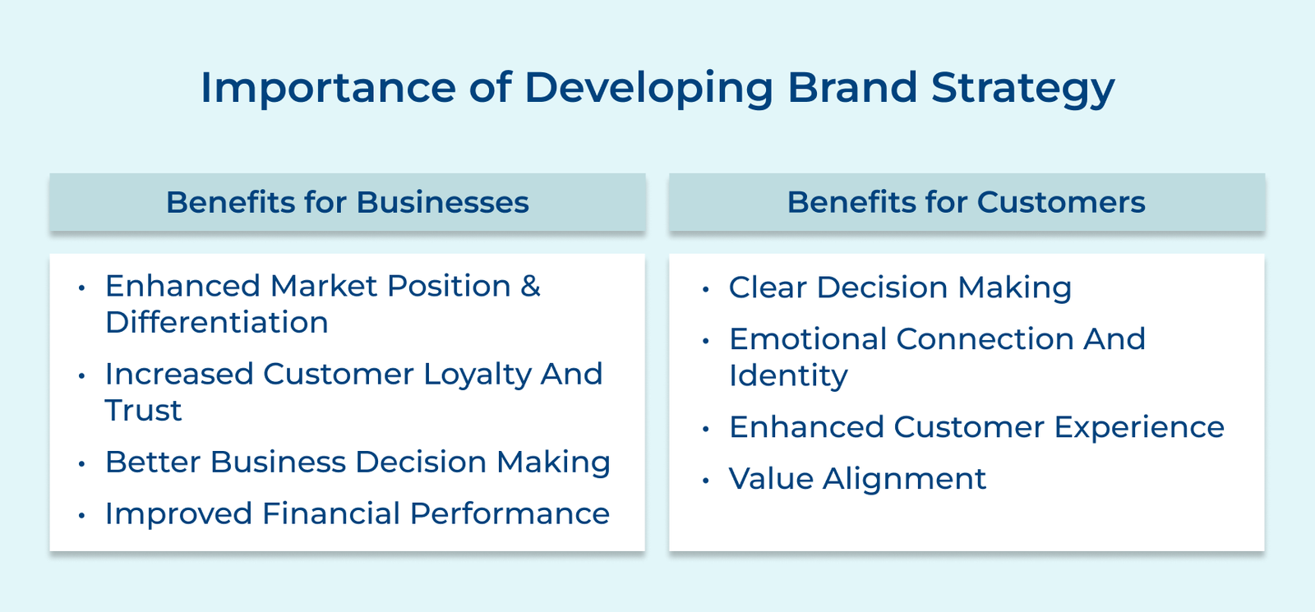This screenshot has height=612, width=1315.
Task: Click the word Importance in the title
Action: click(328, 87)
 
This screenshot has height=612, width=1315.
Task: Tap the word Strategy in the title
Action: click(1022, 87)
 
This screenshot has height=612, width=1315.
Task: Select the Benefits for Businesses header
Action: click(347, 202)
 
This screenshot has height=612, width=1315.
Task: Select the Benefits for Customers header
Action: click(966, 202)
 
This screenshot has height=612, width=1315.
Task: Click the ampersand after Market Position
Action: click(530, 286)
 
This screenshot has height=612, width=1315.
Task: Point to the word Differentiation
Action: click(217, 322)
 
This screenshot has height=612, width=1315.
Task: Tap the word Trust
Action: click(143, 410)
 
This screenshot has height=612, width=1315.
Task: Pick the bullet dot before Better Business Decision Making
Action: click(81, 464)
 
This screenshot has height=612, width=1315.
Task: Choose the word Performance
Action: click(510, 513)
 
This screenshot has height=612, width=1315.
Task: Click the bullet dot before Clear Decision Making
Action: click(705, 289)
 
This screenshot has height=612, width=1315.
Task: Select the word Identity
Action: click(788, 375)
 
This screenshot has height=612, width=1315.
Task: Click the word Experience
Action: click(1139, 427)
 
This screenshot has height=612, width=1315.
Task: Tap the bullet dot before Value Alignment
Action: click(705, 481)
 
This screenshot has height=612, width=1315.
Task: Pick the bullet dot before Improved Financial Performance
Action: click(81, 516)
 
